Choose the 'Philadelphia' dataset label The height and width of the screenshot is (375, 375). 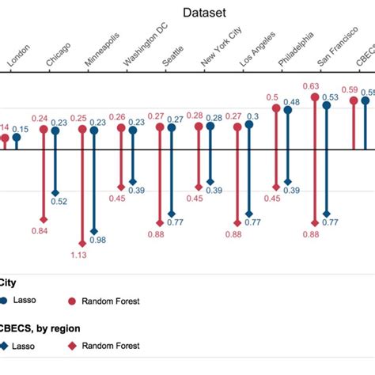coord(297,50)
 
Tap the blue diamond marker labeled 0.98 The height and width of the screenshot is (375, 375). coord(94,229)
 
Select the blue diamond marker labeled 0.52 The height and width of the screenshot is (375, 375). coord(55,192)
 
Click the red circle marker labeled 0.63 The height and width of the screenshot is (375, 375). coord(314,97)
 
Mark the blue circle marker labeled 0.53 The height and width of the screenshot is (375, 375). coord(327,105)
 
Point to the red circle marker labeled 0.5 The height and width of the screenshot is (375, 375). coord(276,108)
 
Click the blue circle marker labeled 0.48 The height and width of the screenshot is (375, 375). coord(288,111)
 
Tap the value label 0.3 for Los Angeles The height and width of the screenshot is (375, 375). coord(254,116)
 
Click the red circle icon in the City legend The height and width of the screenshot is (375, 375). coord(73,301)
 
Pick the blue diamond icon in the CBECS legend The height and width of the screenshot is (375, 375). coord(5,346)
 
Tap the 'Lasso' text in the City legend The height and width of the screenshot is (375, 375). coord(30,301)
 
